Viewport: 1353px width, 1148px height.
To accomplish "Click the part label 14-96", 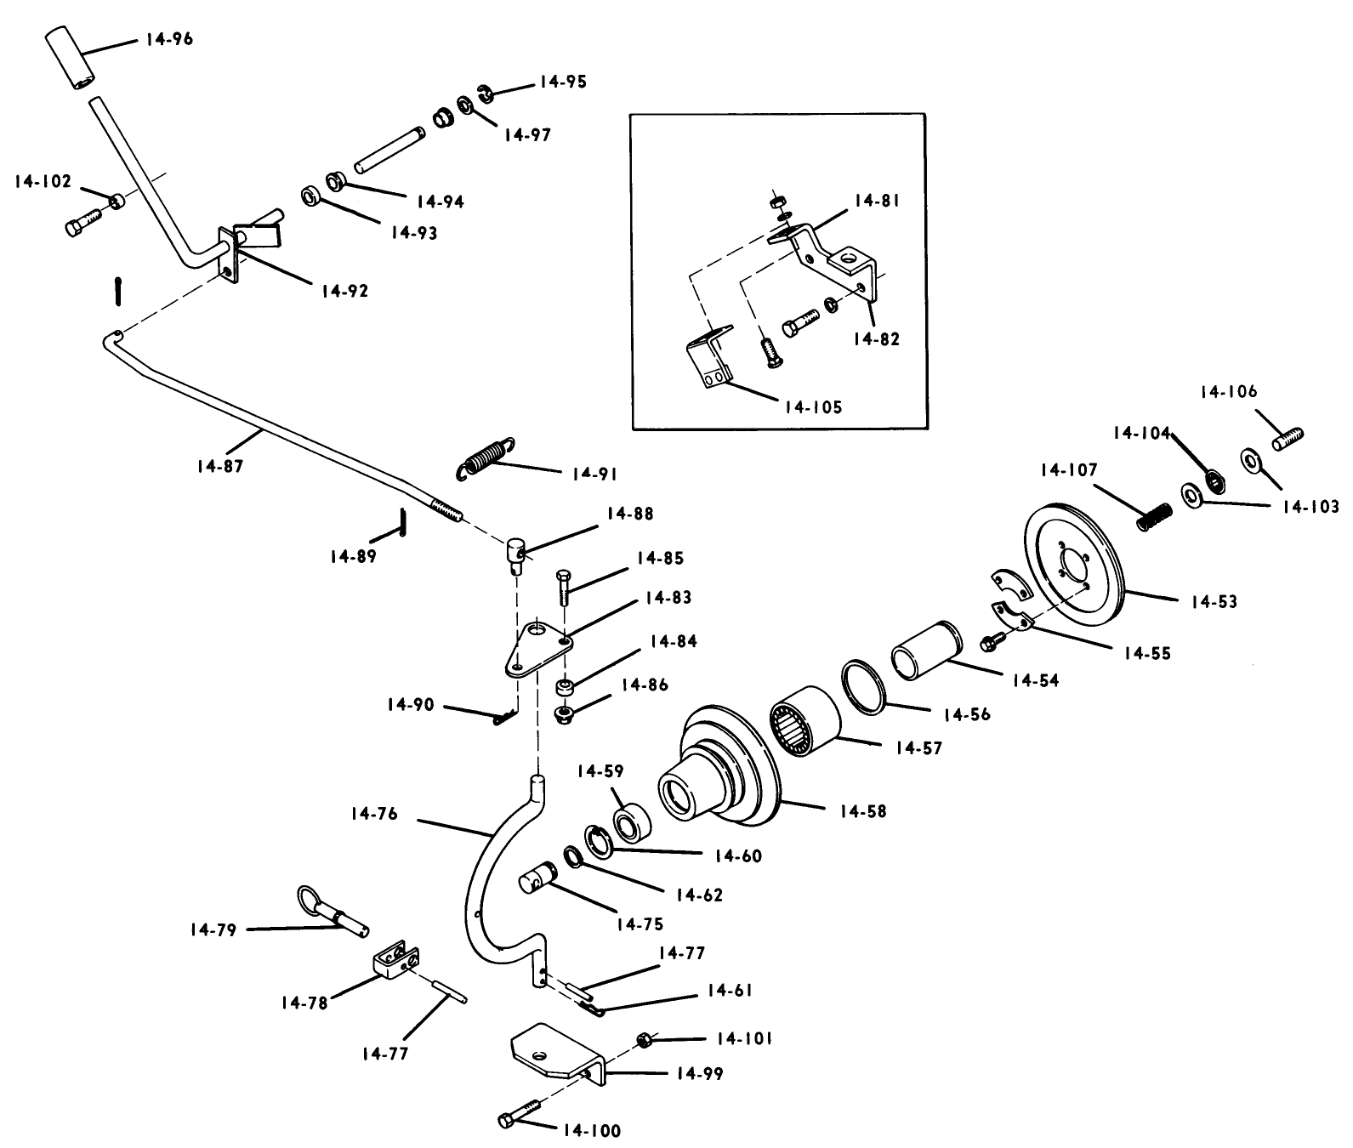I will tap(169, 39).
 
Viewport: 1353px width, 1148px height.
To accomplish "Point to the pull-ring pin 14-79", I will tap(335, 912).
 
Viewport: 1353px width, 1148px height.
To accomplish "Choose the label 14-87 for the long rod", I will tap(219, 467).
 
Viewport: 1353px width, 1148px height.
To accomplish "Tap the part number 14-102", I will tap(43, 182).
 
